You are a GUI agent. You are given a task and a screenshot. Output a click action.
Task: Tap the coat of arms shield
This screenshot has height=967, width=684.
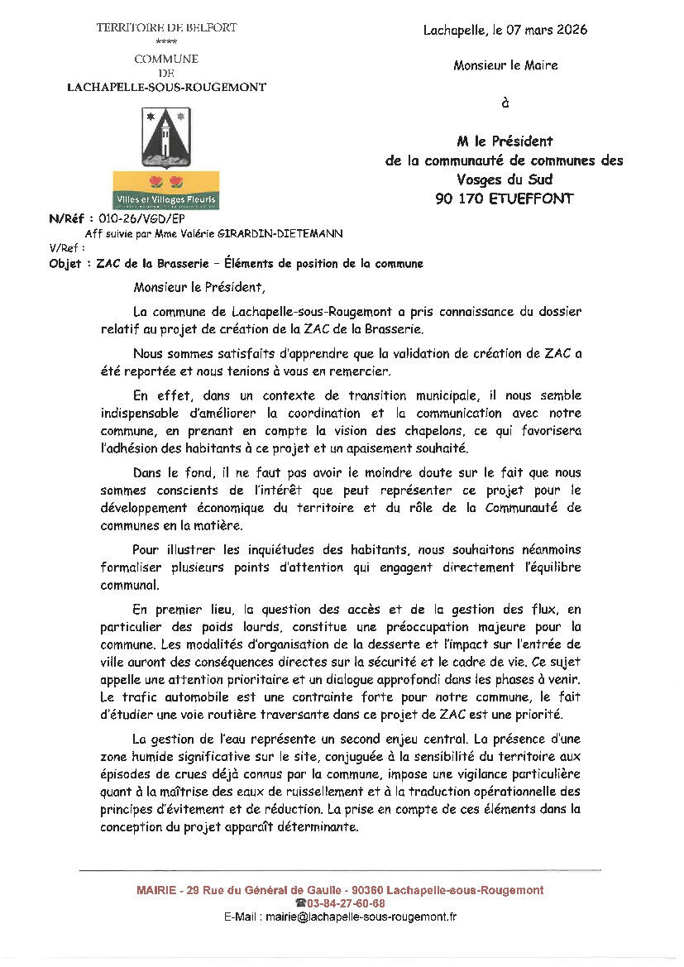point(166,137)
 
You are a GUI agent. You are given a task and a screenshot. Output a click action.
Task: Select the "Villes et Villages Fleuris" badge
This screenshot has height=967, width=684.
point(166,189)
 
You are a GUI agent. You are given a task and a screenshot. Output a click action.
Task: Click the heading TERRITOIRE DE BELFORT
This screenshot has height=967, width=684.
point(166,27)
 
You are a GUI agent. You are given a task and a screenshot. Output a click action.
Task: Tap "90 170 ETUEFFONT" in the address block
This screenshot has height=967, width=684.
point(504,198)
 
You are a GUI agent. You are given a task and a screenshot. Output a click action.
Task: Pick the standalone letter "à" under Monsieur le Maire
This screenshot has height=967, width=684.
point(505,103)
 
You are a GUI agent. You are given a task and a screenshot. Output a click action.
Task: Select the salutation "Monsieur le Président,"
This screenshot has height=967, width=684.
point(200,288)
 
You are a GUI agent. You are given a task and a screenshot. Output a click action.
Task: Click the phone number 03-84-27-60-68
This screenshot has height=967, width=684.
point(346,903)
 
